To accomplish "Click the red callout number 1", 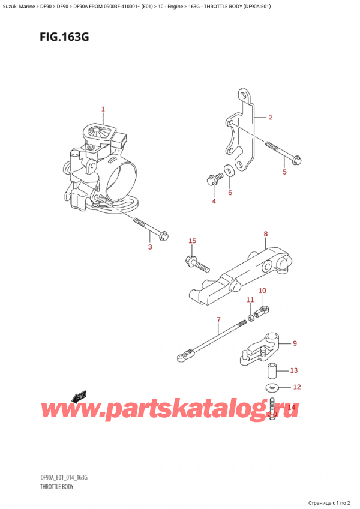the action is (x=103, y=109).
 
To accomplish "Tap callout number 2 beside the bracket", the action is (x=271, y=117).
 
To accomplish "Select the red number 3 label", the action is (x=150, y=247).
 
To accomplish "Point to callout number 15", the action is (x=192, y=241).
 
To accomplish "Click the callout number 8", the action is (x=266, y=233).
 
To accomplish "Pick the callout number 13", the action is (x=293, y=370).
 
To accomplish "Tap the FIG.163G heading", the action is (x=64, y=37).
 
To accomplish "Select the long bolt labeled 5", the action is (x=284, y=152).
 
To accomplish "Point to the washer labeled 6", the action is (x=230, y=170).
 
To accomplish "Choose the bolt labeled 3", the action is (x=151, y=229).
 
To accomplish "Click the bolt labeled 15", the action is (x=197, y=264).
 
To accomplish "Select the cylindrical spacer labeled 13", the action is (x=272, y=371).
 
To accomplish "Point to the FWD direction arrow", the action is (x=78, y=397).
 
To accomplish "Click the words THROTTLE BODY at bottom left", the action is (x=57, y=487).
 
